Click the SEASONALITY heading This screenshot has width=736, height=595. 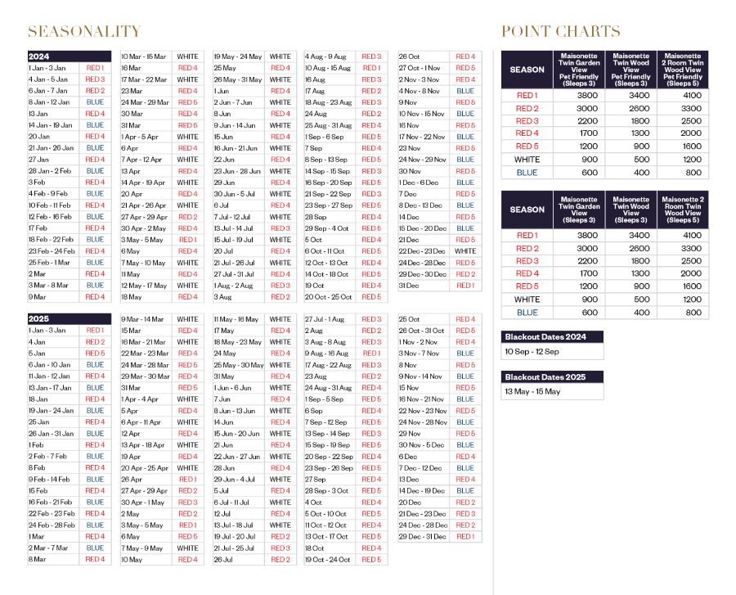tap(84, 32)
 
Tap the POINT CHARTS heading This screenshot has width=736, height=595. tap(560, 32)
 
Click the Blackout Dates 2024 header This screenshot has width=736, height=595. tap(552, 336)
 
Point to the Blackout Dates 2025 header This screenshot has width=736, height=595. tap(552, 377)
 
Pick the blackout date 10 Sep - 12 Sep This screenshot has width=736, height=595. tap(531, 351)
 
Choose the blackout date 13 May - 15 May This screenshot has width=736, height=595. tap(532, 392)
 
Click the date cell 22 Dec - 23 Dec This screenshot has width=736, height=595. tap(422, 251)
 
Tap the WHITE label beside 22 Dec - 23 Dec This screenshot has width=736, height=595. tap(465, 251)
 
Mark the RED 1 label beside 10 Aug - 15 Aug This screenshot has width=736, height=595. tap(371, 68)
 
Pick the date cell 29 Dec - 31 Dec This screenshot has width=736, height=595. tap(422, 537)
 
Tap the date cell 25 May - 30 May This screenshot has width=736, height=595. tap(239, 365)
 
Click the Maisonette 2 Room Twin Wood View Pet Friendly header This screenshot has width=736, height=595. tap(683, 70)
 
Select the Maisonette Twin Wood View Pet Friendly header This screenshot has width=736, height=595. tap(631, 70)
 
